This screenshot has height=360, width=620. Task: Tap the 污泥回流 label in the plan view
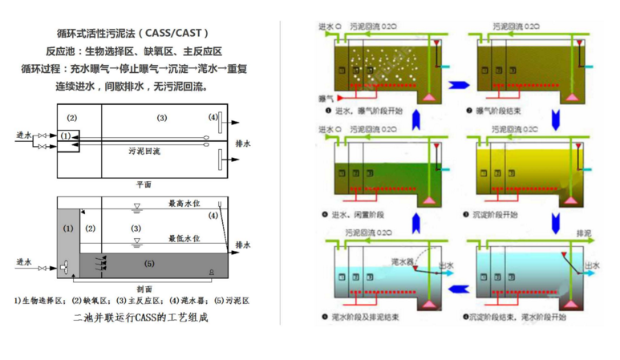[144, 150]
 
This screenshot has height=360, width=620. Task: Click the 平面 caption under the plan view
[144, 184]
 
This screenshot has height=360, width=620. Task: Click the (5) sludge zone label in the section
[150, 262]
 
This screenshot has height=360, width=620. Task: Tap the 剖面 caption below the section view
[145, 289]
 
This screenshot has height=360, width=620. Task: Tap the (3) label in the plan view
[161, 118]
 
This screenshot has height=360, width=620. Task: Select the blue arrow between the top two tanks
[458, 83]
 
